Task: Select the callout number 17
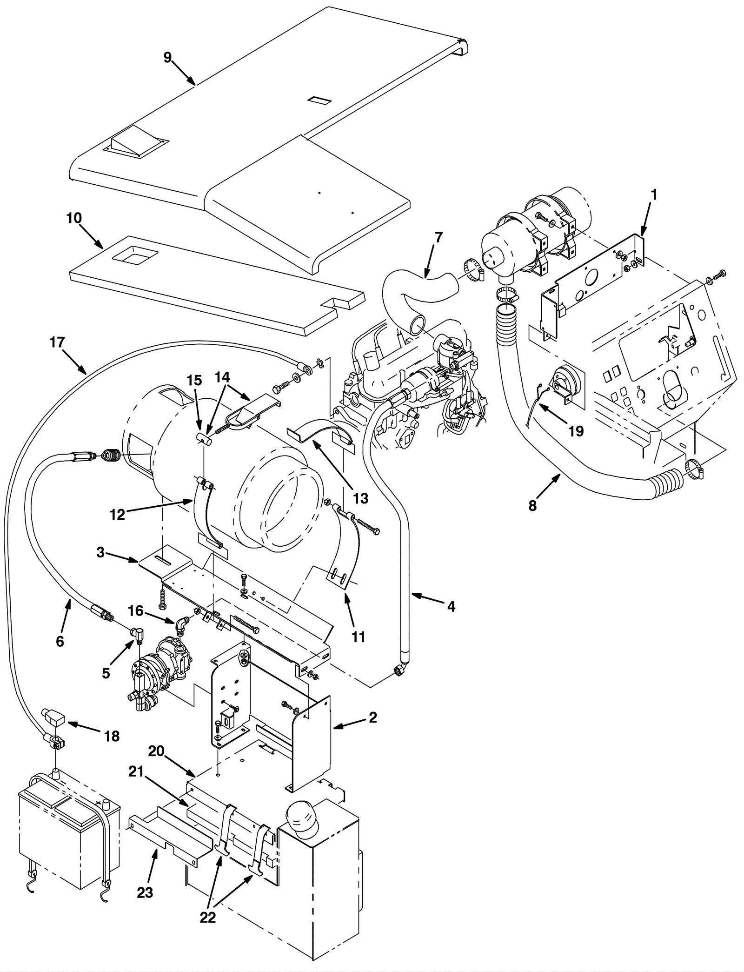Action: tap(57, 342)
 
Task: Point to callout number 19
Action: tap(576, 431)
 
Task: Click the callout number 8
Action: tap(532, 505)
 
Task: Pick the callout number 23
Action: tap(145, 892)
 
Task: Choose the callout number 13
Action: tap(360, 498)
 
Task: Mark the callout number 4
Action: tap(451, 607)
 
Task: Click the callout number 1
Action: tap(653, 195)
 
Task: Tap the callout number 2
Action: tap(372, 717)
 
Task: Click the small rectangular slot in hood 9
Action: tap(320, 100)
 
